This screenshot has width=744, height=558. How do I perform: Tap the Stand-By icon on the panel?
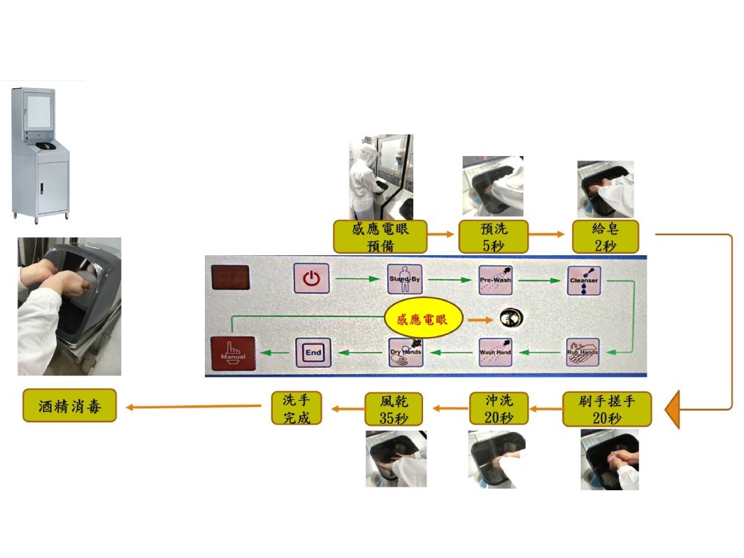(406, 279)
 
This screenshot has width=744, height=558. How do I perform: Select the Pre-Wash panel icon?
(496, 279)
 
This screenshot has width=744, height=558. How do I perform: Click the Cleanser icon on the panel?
(584, 280)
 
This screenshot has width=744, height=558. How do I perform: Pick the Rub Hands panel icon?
(583, 351)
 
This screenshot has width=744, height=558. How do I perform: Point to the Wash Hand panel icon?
(496, 351)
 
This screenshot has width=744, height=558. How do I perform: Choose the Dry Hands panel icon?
(406, 352)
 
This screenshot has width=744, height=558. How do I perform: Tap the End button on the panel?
(313, 352)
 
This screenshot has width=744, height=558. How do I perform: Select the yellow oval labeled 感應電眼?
(424, 320)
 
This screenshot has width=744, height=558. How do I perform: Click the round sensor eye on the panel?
(509, 319)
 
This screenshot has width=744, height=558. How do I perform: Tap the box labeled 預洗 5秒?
(493, 236)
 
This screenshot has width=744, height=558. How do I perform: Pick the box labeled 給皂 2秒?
(605, 236)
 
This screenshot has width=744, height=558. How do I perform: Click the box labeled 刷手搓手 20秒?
(607, 409)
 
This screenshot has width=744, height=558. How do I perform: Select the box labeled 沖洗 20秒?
(499, 409)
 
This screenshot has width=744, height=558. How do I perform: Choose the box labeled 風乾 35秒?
(394, 409)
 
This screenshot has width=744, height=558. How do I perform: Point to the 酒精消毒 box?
(69, 406)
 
